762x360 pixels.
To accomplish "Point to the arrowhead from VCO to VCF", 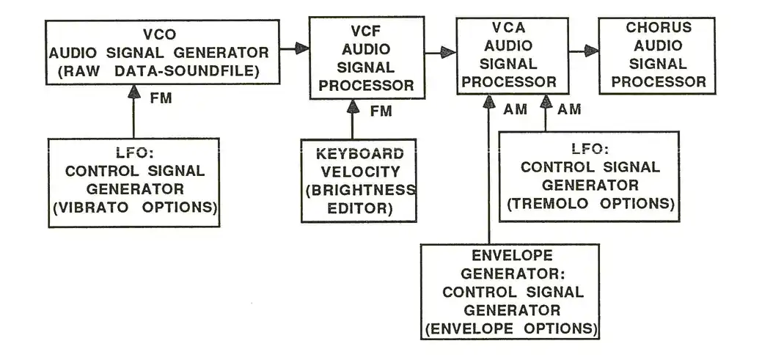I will [301, 49].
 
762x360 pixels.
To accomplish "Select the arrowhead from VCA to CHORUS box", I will [592, 50].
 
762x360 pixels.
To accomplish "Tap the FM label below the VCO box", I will [161, 98].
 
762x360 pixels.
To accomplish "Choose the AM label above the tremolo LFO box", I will [569, 109].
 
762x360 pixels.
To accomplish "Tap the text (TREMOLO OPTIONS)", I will [590, 203].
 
